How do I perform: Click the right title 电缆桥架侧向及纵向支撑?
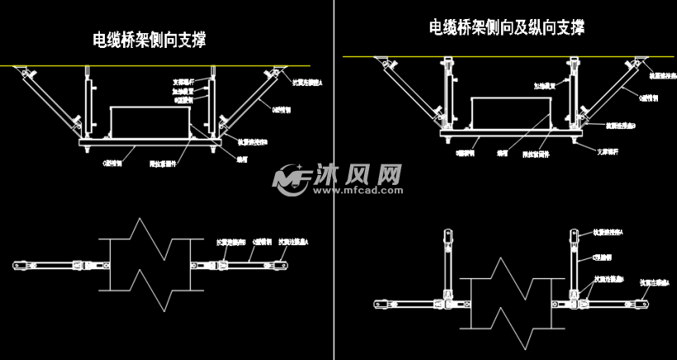(x=506, y=27)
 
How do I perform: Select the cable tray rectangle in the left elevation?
(x=149, y=122)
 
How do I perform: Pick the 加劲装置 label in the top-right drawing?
(x=552, y=83)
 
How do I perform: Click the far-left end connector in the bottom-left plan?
(x=17, y=265)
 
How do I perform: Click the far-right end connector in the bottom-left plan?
(x=282, y=265)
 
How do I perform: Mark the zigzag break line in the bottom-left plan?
(x=149, y=265)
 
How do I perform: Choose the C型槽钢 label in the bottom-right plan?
(x=606, y=258)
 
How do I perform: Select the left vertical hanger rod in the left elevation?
(x=86, y=99)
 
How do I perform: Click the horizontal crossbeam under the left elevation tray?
(x=149, y=142)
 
